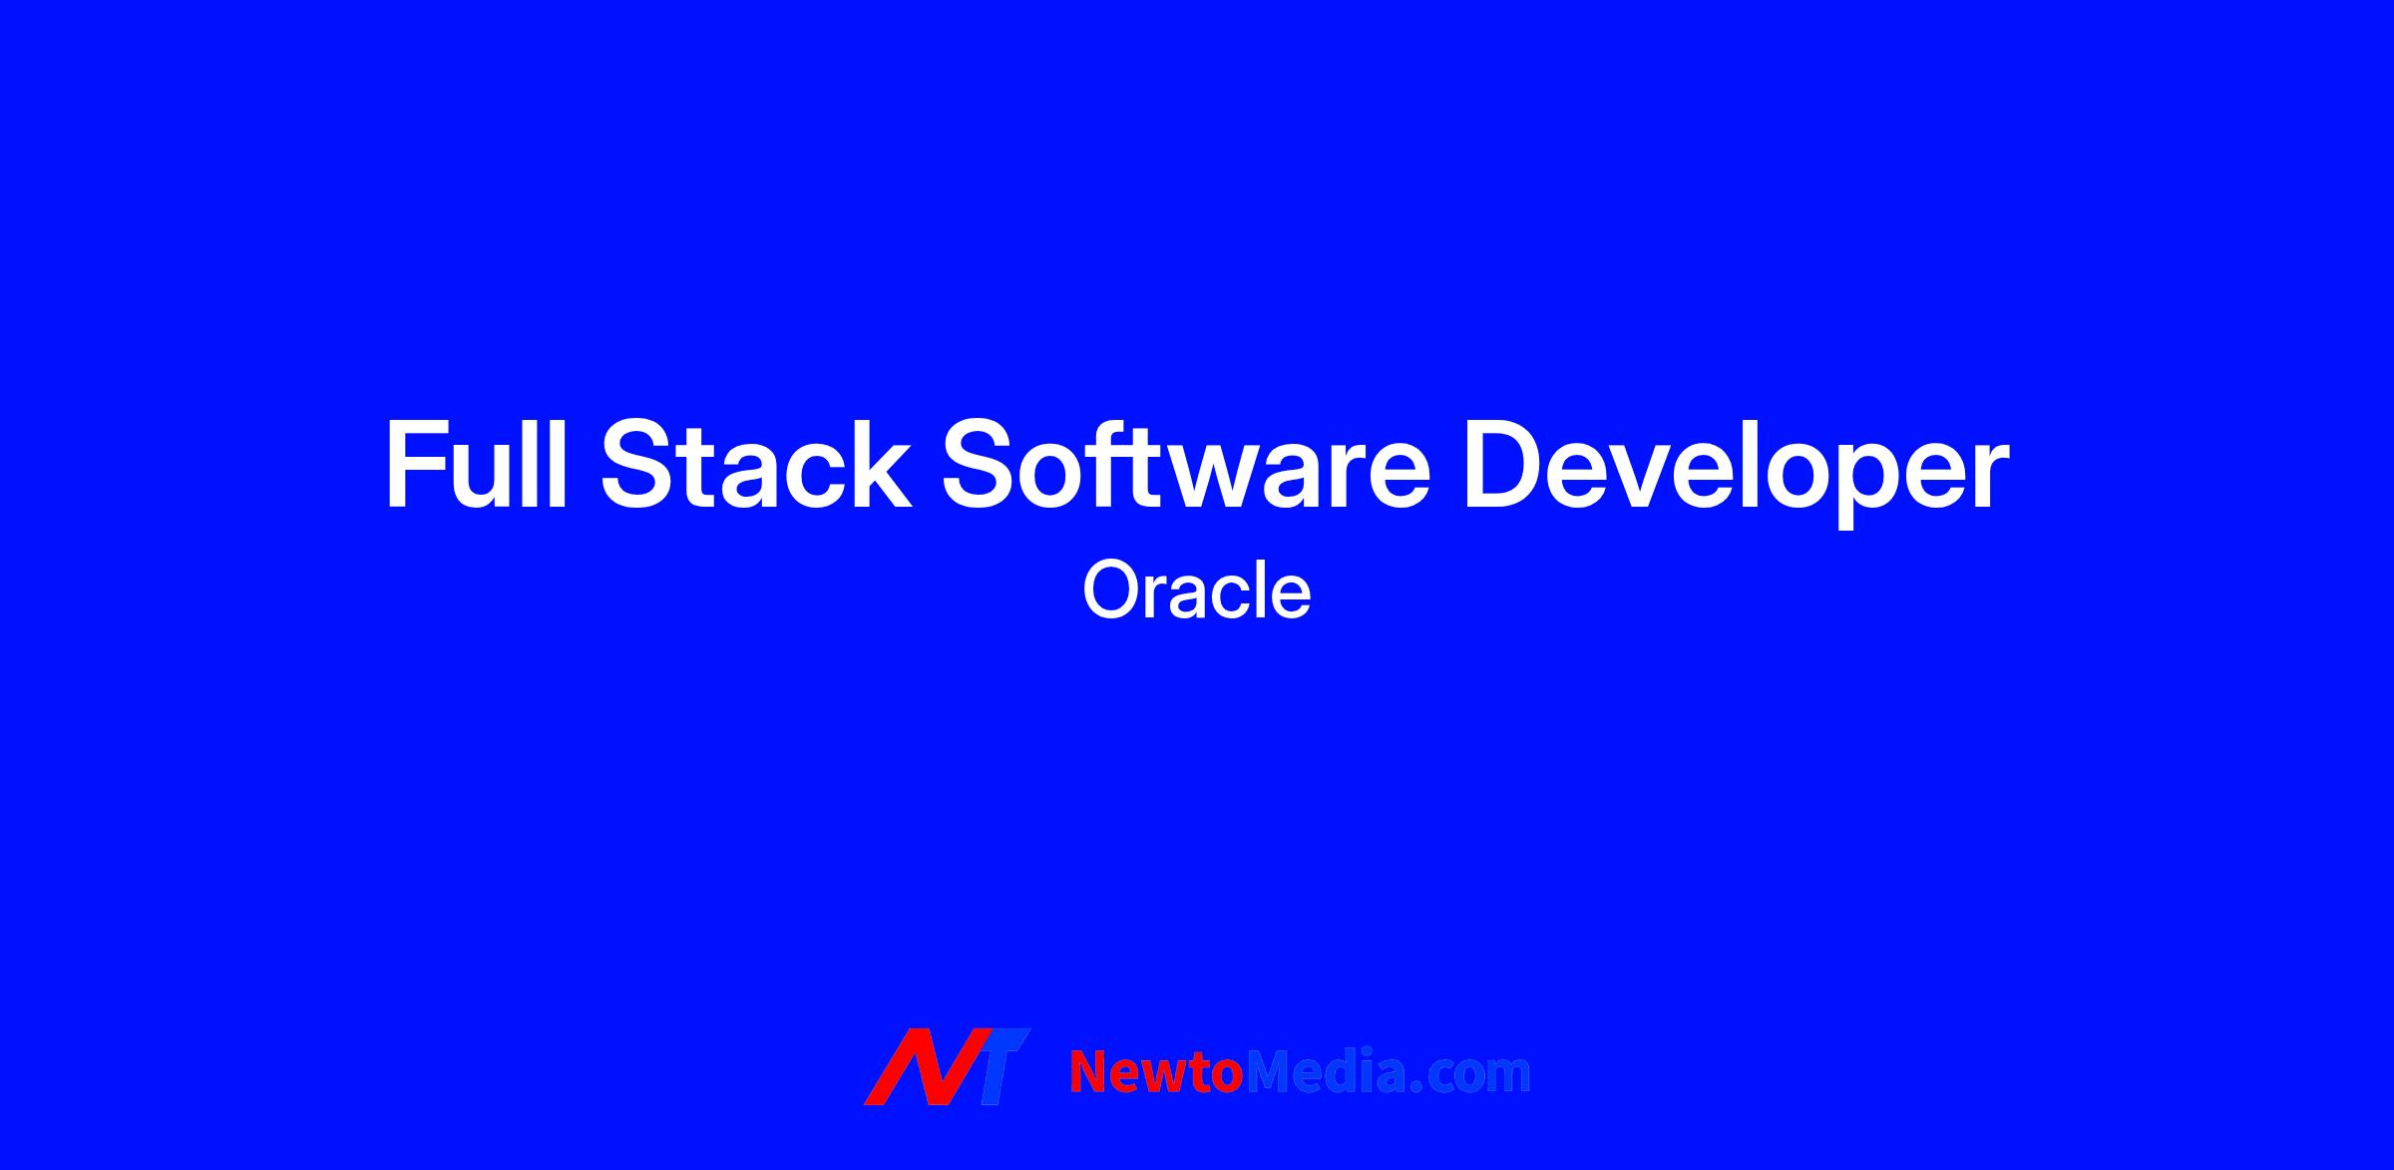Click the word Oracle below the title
(x=1196, y=589)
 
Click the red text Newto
(x=1155, y=1072)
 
